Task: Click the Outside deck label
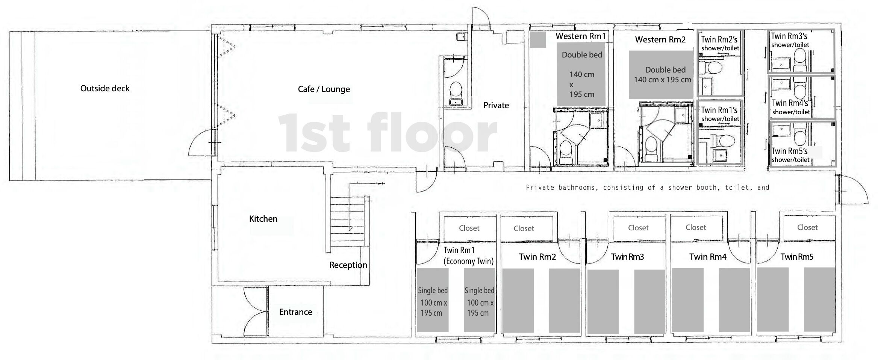[105, 89]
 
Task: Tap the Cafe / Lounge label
[324, 89]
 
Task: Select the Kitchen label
[263, 219]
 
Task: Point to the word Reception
[348, 265]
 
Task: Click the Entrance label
[295, 312]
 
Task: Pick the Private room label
[496, 106]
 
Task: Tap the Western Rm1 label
[581, 36]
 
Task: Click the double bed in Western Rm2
[661, 75]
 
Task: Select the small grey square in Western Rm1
[538, 40]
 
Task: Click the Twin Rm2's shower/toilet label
[720, 43]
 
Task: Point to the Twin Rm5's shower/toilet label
[790, 155]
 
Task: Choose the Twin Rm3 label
[627, 257]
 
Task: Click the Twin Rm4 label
[708, 257]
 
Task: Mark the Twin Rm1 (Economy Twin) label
[468, 256]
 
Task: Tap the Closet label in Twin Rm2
[524, 228]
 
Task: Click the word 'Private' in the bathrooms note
[540, 188]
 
